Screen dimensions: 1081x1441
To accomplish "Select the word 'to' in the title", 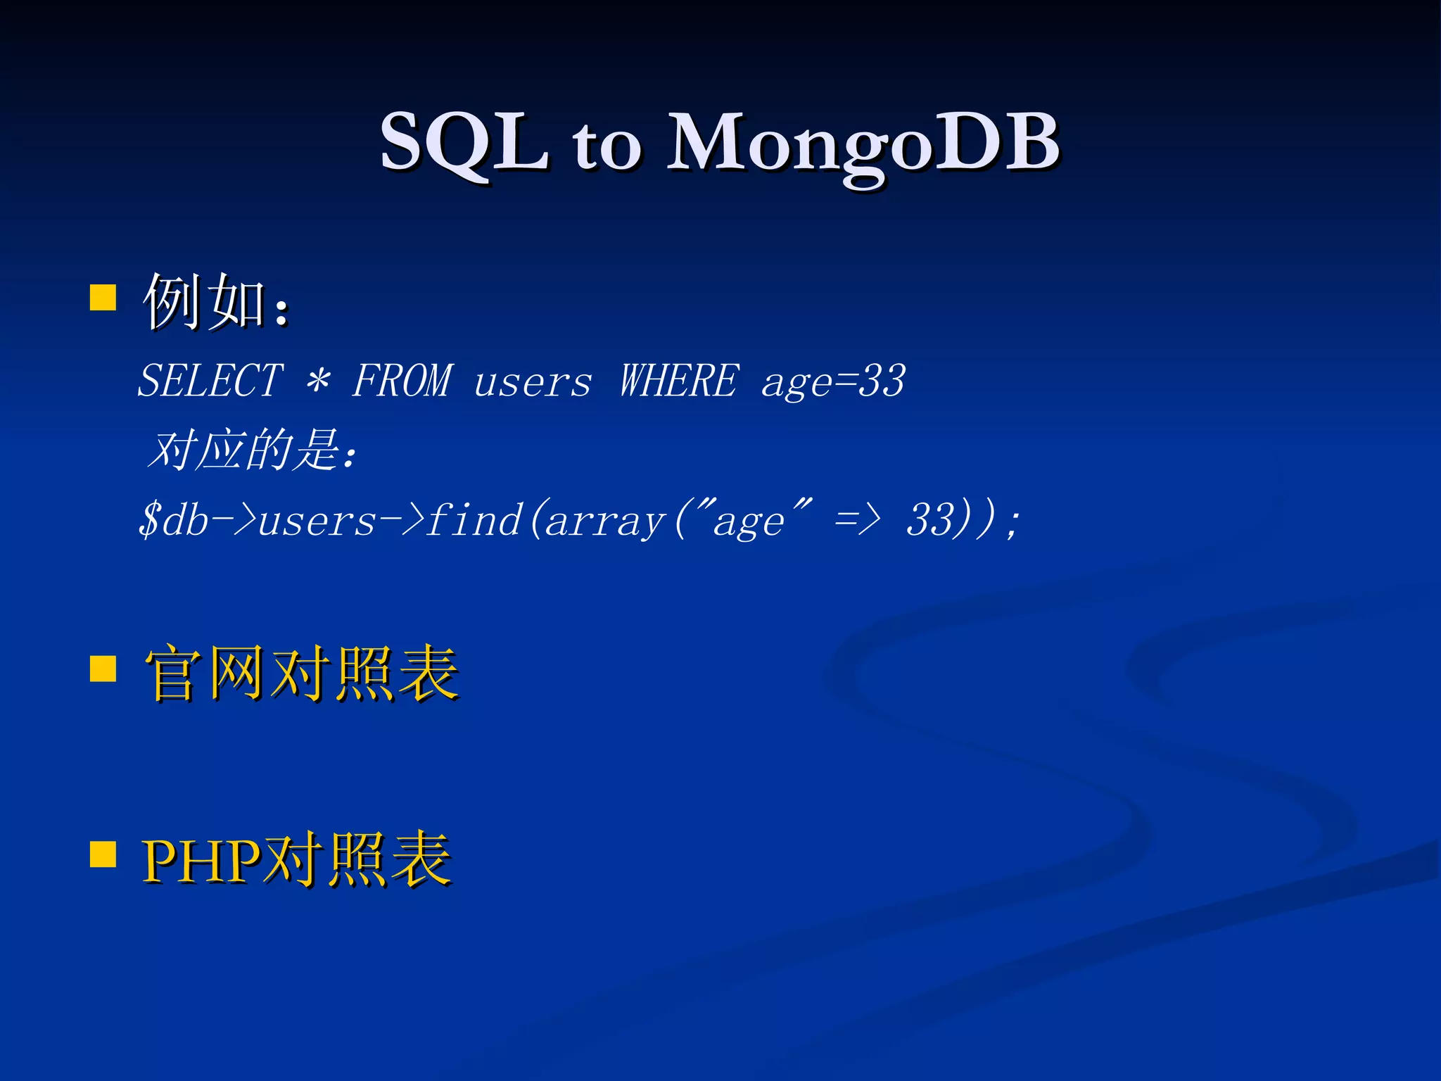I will tap(607, 148).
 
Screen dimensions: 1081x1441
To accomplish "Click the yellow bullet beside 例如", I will tap(103, 298).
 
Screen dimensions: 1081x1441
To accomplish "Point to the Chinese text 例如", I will tap(204, 303).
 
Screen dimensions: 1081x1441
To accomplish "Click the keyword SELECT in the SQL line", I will tap(210, 381).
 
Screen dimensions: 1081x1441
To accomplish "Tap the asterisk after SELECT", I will tap(318, 381).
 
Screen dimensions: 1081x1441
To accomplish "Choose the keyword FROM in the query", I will tap(402, 381).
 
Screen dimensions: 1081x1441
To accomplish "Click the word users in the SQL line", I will tap(533, 384).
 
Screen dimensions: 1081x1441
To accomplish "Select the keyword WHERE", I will tap(679, 381).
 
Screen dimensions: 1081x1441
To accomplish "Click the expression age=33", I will tap(833, 382).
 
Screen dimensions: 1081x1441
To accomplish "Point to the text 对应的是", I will tap(246, 450).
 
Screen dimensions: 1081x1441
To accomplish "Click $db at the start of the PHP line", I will tap(173, 521).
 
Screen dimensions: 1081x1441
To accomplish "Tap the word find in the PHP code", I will tap(474, 521).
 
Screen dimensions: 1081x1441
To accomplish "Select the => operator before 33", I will tap(857, 521).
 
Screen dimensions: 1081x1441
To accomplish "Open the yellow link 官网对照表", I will tap(301, 674).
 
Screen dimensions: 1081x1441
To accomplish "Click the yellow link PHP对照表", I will tap(296, 859).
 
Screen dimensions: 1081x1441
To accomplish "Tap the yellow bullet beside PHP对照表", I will tap(103, 854).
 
